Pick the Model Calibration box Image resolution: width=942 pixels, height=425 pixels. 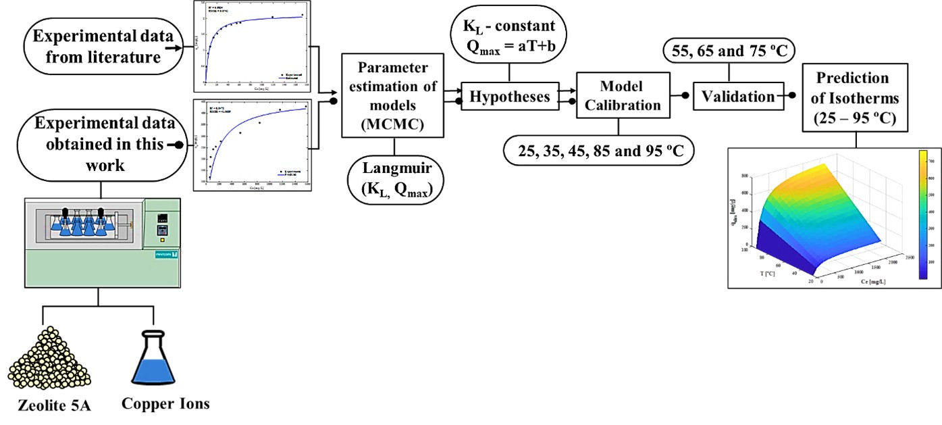[x=619, y=97]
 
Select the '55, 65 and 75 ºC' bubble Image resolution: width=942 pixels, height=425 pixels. [x=729, y=51]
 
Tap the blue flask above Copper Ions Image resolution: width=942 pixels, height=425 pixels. [x=155, y=364]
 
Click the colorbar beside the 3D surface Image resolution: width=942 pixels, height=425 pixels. [x=922, y=215]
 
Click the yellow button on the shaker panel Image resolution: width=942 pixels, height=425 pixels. [x=161, y=239]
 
